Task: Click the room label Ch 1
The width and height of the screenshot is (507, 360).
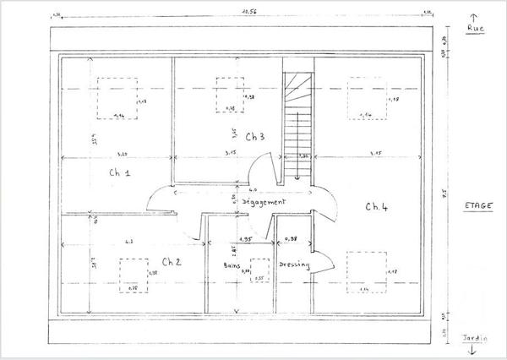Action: pos(119,172)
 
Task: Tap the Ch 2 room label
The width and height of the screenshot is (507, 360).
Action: pos(172,260)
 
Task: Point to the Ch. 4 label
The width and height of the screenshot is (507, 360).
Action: pos(376,206)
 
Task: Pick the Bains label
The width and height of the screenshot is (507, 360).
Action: pos(231,265)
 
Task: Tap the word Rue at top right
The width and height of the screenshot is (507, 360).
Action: pos(475,28)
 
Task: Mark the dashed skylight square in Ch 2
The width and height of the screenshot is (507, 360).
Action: pos(134,275)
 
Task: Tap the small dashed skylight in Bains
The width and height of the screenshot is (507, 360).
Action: pos(259,270)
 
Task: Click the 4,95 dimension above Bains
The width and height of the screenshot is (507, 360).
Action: pos(247,239)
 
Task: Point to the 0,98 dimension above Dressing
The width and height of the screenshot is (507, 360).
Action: pos(291,239)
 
